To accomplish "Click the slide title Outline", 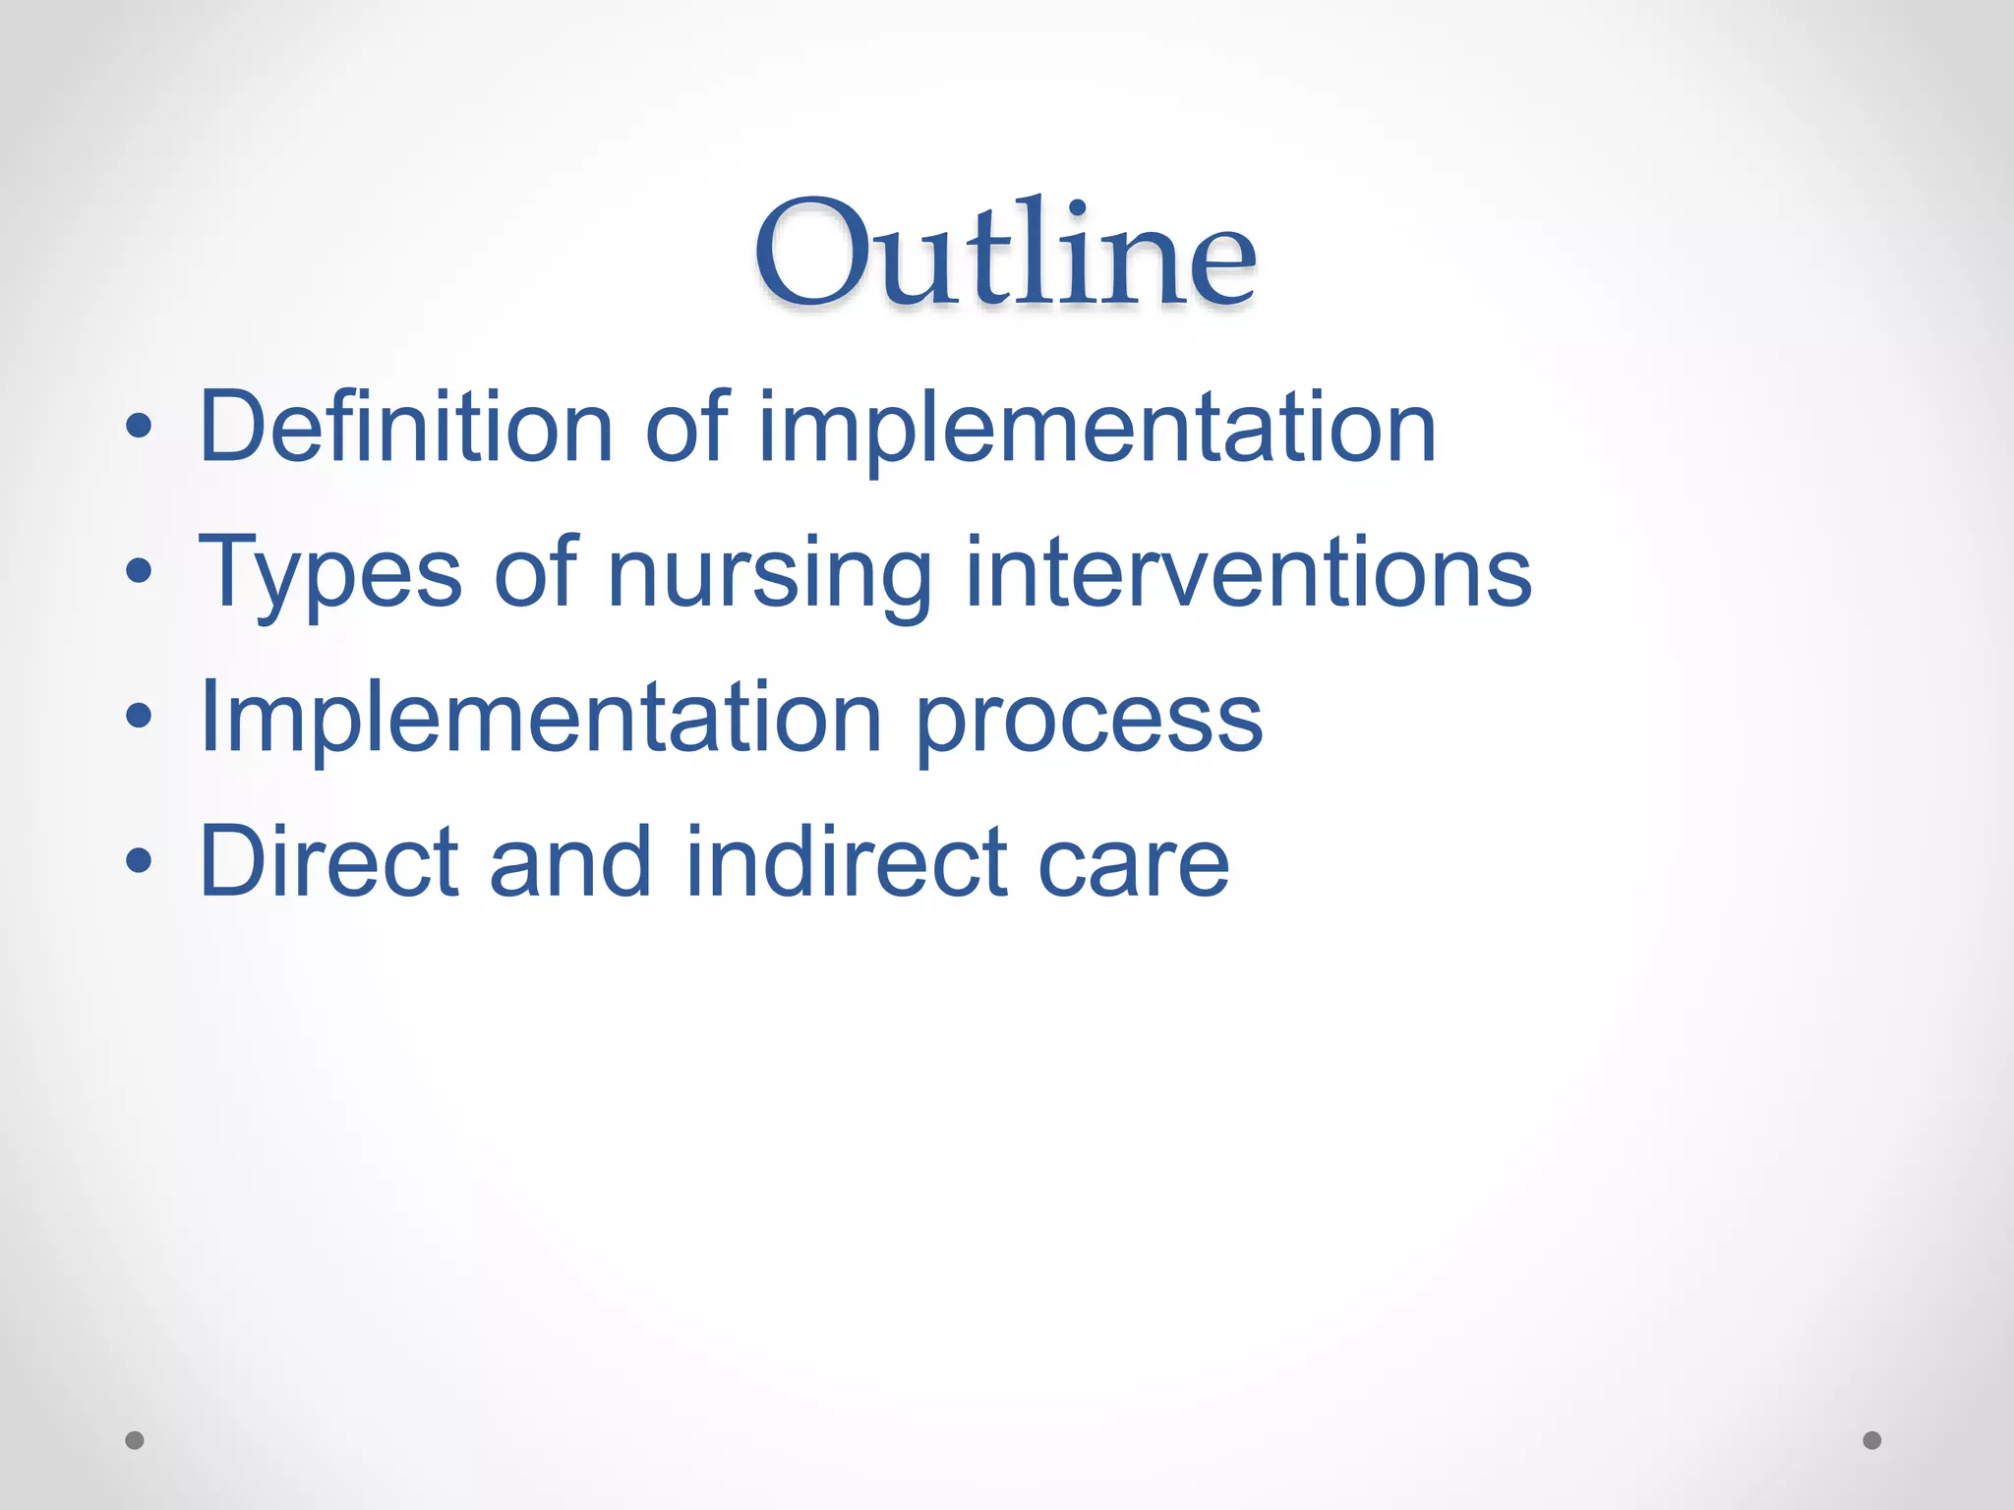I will point(1005,254).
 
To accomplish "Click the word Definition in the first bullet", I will point(405,427).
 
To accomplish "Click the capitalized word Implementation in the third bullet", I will point(540,718).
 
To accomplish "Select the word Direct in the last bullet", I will point(328,861).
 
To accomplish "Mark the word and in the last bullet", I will point(570,861).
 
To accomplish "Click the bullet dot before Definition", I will point(139,426).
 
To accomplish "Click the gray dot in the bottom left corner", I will point(135,1440).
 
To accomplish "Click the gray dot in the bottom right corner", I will point(1872,1440).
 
